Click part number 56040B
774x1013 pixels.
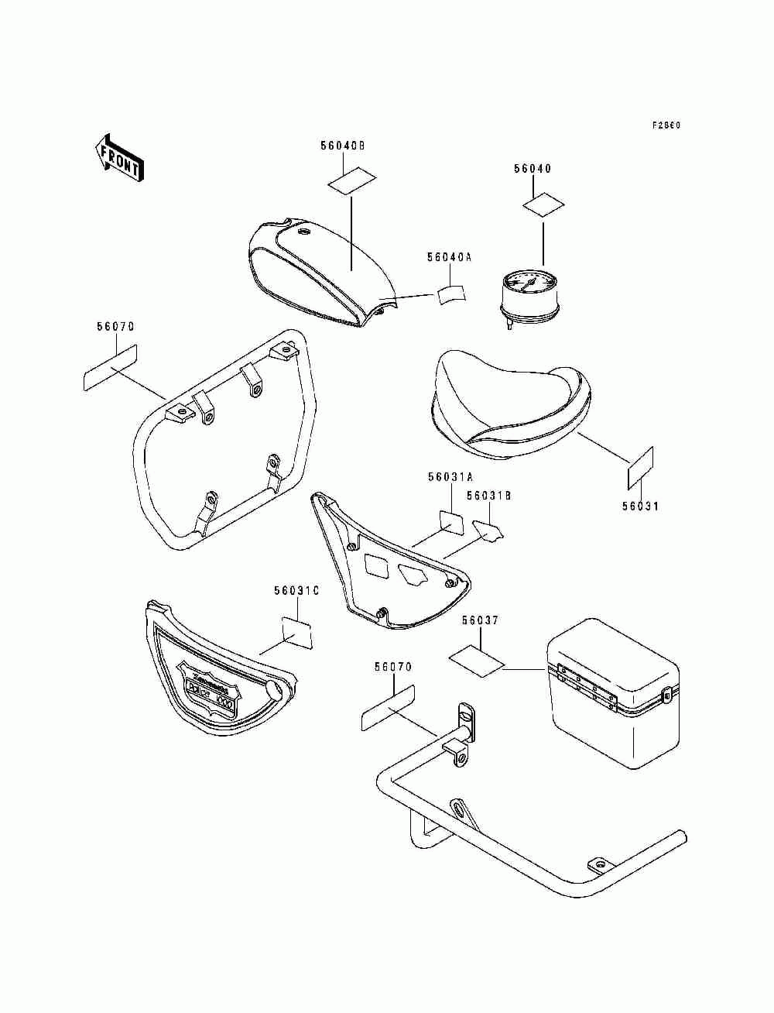coord(343,146)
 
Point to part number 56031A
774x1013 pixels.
coord(450,478)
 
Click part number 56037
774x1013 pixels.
coord(481,621)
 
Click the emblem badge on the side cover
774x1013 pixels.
coord(209,679)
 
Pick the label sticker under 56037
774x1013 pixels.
coord(477,661)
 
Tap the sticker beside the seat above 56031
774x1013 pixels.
coord(640,469)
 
